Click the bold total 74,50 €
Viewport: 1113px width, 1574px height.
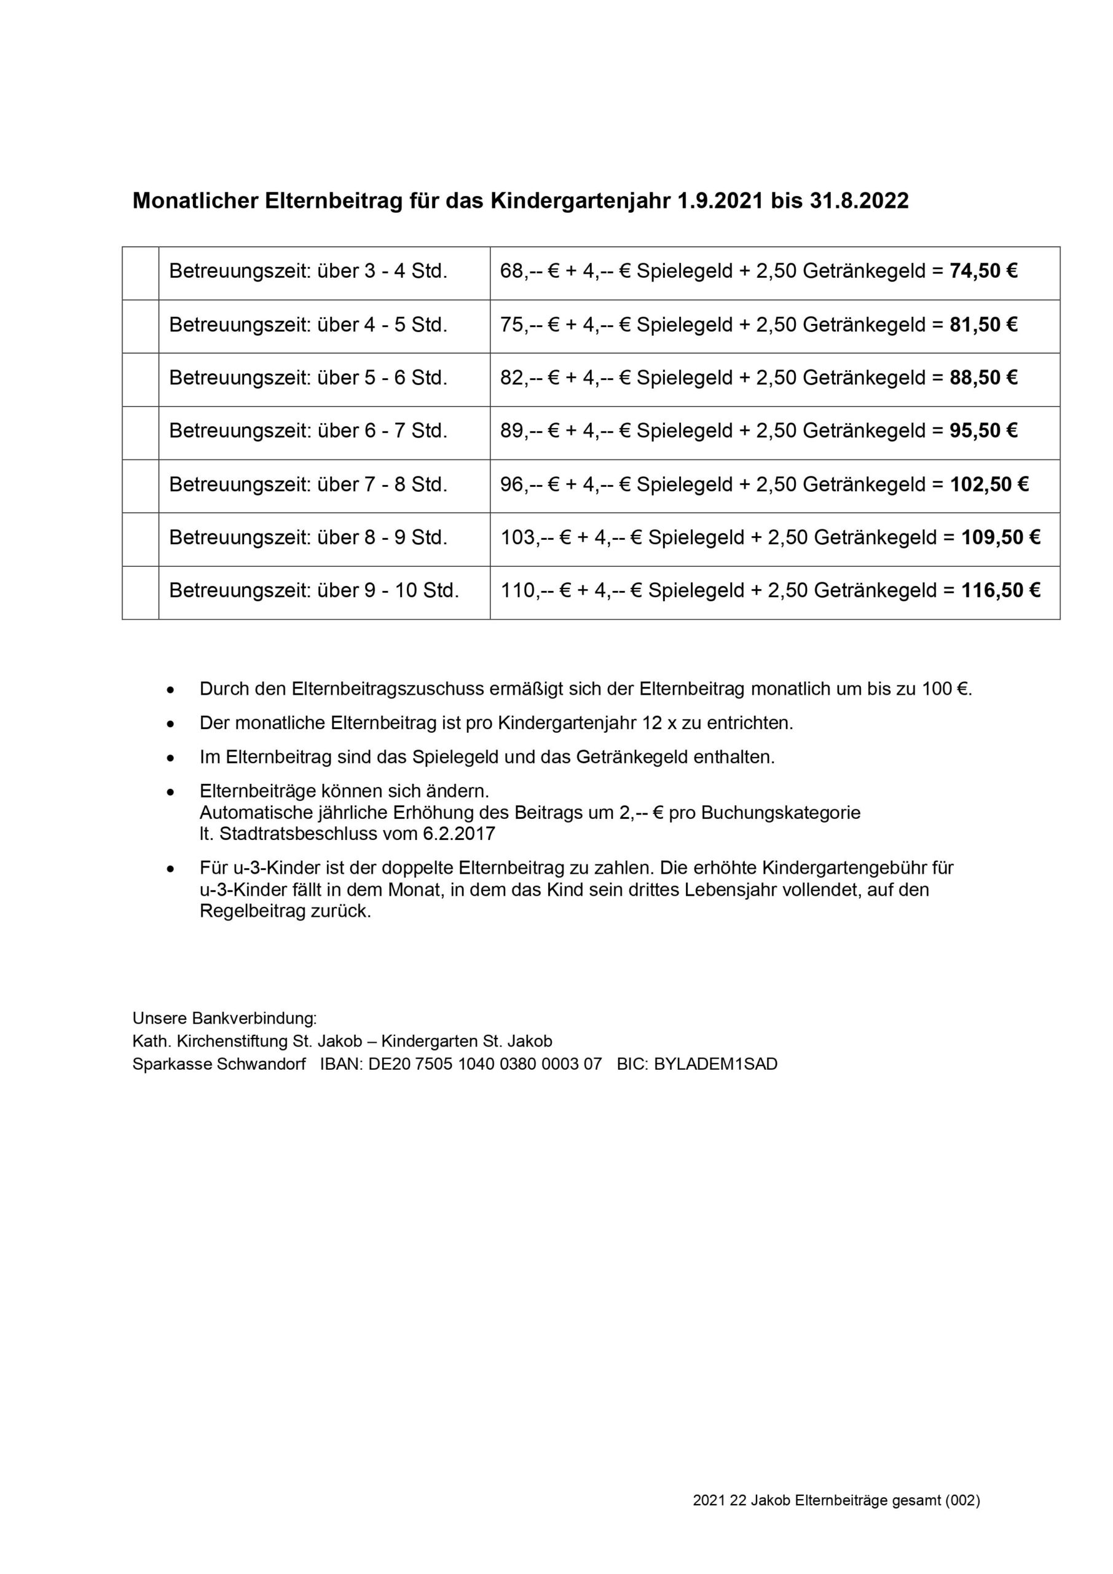[983, 272]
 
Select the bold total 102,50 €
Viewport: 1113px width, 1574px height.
[989, 484]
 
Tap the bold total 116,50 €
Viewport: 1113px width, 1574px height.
[1001, 590]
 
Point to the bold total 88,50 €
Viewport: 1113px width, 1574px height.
[983, 378]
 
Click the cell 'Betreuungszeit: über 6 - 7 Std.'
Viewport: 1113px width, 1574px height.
[308, 431]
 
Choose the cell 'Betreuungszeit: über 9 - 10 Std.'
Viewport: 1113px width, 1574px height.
[314, 590]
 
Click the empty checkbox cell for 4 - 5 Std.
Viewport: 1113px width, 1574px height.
[141, 326]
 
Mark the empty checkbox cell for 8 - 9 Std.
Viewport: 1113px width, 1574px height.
[141, 538]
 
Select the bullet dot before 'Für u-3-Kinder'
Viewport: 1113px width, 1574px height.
[171, 869]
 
